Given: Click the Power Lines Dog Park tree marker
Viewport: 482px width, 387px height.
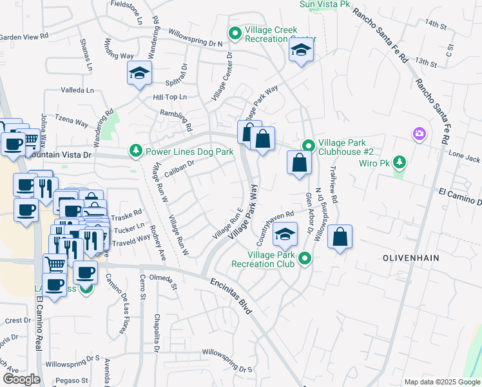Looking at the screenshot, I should coord(135,152).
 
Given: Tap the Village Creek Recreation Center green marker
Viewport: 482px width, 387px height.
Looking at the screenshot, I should coord(235,32).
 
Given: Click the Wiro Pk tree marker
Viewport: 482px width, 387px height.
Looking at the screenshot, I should coord(400,161).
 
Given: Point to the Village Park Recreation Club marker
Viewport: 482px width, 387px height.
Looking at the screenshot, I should coord(305,259).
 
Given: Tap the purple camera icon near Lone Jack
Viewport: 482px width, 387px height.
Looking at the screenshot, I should coord(420,134).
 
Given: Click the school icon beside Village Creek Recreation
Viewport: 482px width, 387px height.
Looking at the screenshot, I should coord(301,51).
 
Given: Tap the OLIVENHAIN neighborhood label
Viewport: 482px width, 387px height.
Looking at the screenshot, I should coord(410,257).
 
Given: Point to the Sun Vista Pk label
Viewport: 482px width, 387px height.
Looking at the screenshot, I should coord(325,5).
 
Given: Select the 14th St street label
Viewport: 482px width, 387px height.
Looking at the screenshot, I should coord(436,25).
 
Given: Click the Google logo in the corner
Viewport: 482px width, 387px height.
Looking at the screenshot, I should coord(21,379).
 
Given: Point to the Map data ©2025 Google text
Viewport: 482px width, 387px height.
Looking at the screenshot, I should coord(441,382).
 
